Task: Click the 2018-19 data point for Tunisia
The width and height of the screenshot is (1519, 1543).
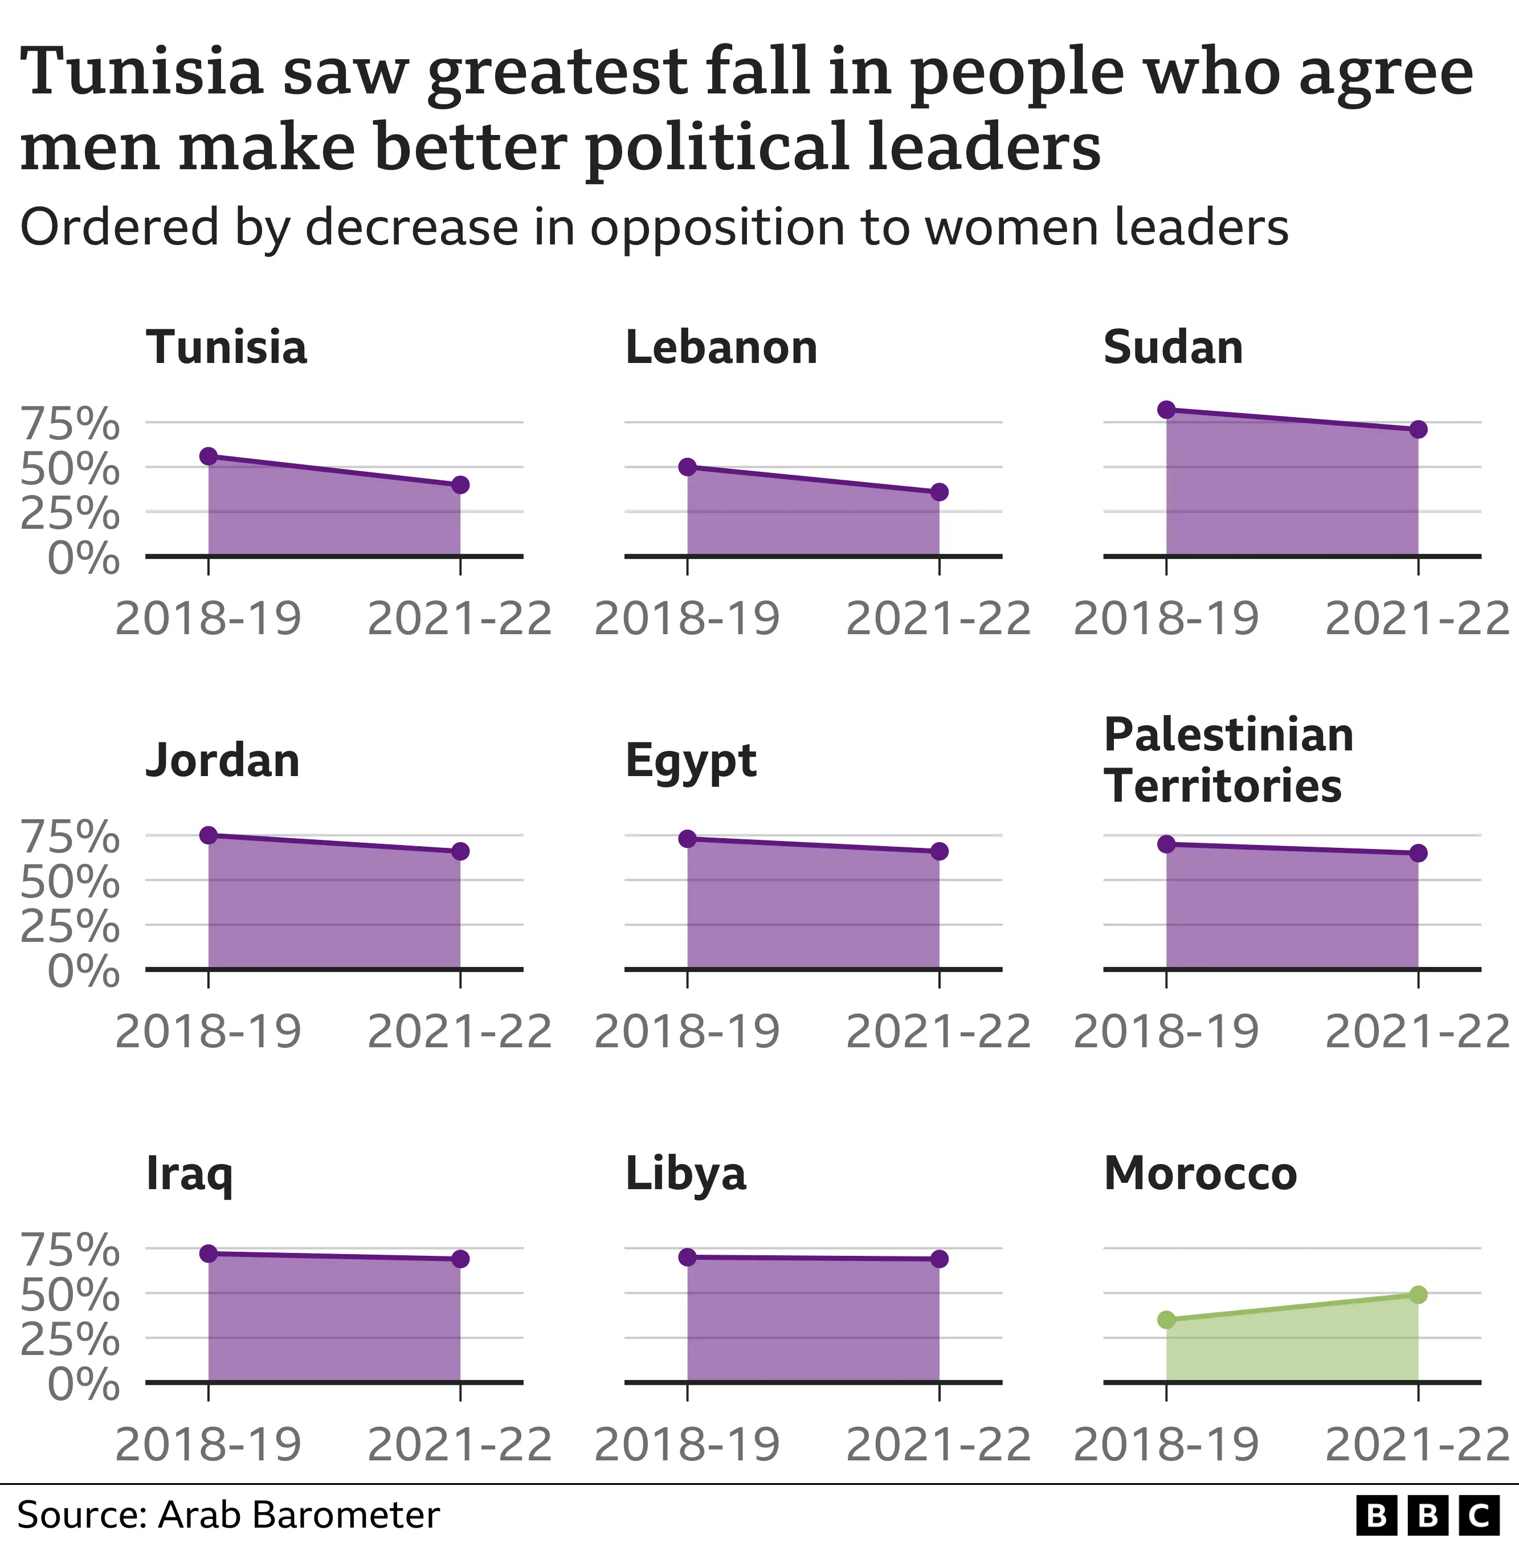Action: pos(208,456)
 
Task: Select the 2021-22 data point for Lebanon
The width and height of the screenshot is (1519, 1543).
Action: pos(939,492)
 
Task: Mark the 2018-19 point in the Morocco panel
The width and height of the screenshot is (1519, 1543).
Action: pos(1166,1320)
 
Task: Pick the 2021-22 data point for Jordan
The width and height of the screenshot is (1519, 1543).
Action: pos(460,851)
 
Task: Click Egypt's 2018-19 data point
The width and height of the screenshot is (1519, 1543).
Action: pos(688,839)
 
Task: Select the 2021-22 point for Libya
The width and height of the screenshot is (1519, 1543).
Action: pos(939,1259)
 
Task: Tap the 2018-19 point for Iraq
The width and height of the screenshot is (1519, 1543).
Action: pos(208,1254)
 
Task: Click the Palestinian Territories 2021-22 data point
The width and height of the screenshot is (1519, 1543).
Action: pos(1418,853)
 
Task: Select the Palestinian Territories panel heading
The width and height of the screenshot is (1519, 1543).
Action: pos(1228,760)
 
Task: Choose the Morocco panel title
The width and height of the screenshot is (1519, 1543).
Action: pos(1200,1174)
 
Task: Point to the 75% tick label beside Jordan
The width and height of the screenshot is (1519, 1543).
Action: pos(70,837)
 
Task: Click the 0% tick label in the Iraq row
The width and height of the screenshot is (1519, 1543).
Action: pos(84,1384)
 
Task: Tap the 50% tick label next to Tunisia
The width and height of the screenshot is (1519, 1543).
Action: pos(70,469)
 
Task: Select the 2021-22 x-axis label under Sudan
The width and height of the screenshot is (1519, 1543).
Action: pos(1417,618)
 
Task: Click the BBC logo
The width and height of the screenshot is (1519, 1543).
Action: pos(1427,1515)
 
